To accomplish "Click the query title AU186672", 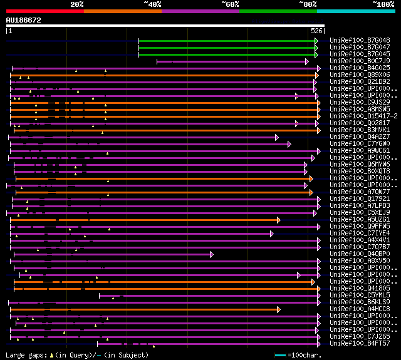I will pos(23,20).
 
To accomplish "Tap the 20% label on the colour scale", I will pos(77,4).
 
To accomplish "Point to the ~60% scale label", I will pos(230,4).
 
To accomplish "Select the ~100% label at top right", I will pos(383,4).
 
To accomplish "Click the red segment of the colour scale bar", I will pos(44,11).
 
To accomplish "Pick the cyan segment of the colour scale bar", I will pos(355,11).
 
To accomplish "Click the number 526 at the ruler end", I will pos(316,30).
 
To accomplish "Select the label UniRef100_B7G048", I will pos(360,40).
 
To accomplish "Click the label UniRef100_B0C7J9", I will pos(360,61).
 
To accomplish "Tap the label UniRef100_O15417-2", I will pos(363,116).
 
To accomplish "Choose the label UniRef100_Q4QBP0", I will pos(360,254).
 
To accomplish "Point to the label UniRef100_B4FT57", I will pos(360,343).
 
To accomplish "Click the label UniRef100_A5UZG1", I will pos(360,219).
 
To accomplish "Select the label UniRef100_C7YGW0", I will pos(360,143).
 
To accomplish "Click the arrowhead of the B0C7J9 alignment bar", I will pos(306,61).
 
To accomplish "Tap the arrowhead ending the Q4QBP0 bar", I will pos(211,254).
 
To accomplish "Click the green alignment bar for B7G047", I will pos(226,48).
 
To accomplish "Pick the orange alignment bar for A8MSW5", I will pos(163,110).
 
